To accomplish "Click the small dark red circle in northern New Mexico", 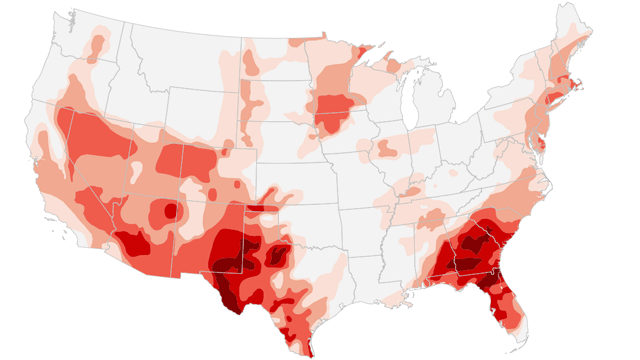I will click(171, 211).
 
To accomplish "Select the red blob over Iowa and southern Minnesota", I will click(331, 111).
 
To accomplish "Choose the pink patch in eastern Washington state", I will click(97, 45).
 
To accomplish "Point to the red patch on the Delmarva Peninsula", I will click(540, 146).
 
